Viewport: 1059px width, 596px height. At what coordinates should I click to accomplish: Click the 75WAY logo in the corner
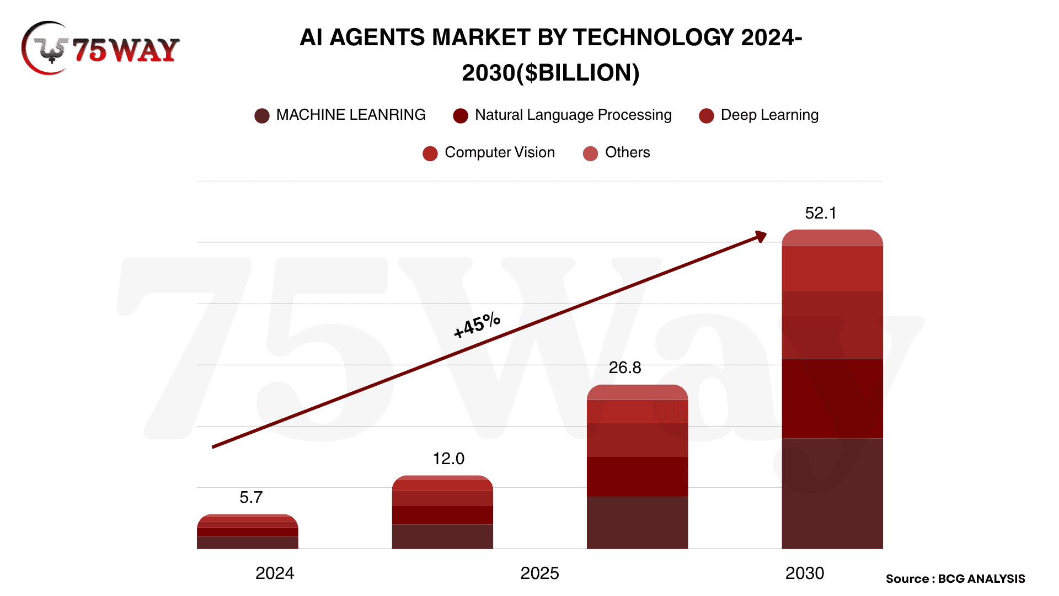point(100,49)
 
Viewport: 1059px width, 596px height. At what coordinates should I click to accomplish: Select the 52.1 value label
point(820,213)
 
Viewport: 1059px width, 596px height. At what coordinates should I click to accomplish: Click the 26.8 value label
point(625,368)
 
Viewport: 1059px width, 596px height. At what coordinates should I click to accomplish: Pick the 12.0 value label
point(448,459)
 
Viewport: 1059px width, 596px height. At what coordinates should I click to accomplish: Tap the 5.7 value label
point(251,497)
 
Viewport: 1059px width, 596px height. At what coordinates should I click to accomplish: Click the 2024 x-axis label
point(275,573)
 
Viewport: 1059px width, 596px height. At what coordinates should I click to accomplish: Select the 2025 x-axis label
point(539,573)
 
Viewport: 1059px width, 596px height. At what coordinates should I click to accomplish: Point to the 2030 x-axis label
point(805,573)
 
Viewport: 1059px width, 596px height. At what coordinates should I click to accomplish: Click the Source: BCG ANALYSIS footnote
point(955,579)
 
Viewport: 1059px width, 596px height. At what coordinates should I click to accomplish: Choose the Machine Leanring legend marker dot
point(262,115)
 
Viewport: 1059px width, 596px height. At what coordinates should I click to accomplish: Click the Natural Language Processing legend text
point(573,115)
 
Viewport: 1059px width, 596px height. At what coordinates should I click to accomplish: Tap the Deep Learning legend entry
point(769,115)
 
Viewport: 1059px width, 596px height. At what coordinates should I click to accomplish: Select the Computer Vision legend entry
point(500,152)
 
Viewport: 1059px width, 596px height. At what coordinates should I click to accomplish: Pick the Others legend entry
point(627,152)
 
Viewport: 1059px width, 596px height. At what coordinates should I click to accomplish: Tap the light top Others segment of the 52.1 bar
point(832,238)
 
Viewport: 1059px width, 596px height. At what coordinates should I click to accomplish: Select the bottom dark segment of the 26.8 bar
point(637,522)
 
